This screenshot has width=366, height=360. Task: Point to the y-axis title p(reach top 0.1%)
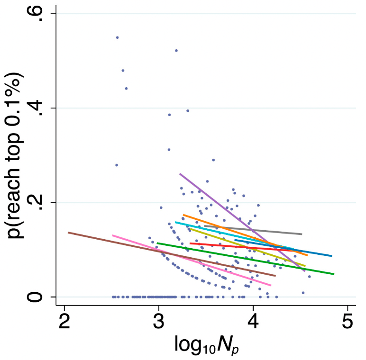pyautogui.click(x=17, y=156)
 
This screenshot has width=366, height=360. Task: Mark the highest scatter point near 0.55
pyautogui.click(x=117, y=37)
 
